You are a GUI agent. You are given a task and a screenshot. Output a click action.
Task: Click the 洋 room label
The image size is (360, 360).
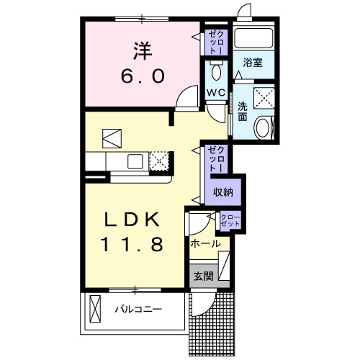[141, 51]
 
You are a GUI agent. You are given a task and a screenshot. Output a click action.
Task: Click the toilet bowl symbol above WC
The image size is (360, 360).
[215, 72]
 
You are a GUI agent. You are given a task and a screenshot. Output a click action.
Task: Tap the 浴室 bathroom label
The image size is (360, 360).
[253, 63]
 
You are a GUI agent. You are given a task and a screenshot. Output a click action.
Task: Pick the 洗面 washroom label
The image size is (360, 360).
[243, 112]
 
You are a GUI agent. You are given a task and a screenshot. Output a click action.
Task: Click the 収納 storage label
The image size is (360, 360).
[222, 192]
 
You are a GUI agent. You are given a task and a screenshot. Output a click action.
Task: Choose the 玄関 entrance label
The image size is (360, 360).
[201, 274]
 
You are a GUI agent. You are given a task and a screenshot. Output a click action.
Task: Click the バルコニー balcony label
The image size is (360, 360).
[137, 310]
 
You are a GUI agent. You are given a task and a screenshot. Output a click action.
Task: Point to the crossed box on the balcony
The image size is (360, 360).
[96, 311]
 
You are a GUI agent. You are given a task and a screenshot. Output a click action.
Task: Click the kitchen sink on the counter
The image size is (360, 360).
[135, 160]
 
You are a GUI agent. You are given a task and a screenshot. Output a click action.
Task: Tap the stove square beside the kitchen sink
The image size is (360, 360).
[159, 160]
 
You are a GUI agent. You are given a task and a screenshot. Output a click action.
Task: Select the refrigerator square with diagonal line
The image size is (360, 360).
[113, 137]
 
